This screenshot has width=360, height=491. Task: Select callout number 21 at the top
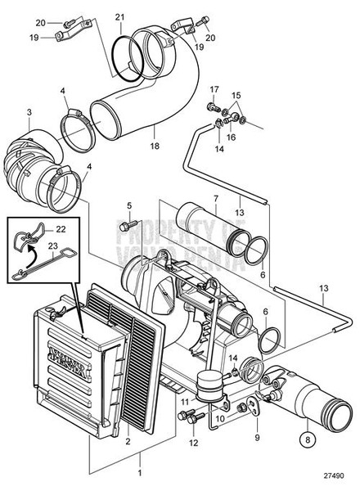120,17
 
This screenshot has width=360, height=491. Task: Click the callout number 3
29,112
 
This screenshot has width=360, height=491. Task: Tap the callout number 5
128,204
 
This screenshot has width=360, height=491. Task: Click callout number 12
193,443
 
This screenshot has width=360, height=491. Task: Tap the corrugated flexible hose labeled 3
33,160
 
